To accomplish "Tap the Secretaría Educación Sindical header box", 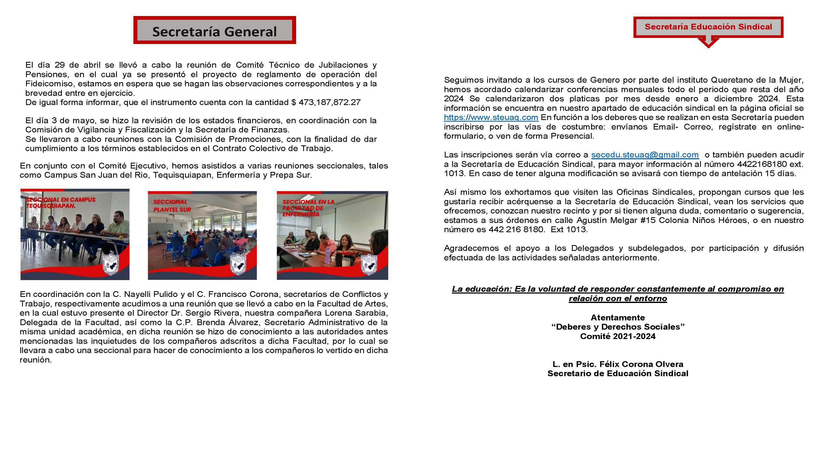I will pyautogui.click(x=708, y=27).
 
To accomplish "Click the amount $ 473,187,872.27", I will pyautogui.click(x=326, y=102).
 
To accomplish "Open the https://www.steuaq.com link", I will pyautogui.click(x=491, y=117).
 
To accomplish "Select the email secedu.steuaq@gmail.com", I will pyautogui.click(x=645, y=155).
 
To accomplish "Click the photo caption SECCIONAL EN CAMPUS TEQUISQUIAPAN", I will pyautogui.click(x=60, y=203).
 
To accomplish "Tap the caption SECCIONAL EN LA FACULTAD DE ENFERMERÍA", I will pyautogui.click(x=308, y=208).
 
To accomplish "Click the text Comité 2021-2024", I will pyautogui.click(x=618, y=336).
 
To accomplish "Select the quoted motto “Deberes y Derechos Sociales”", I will pyautogui.click(x=618, y=327).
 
